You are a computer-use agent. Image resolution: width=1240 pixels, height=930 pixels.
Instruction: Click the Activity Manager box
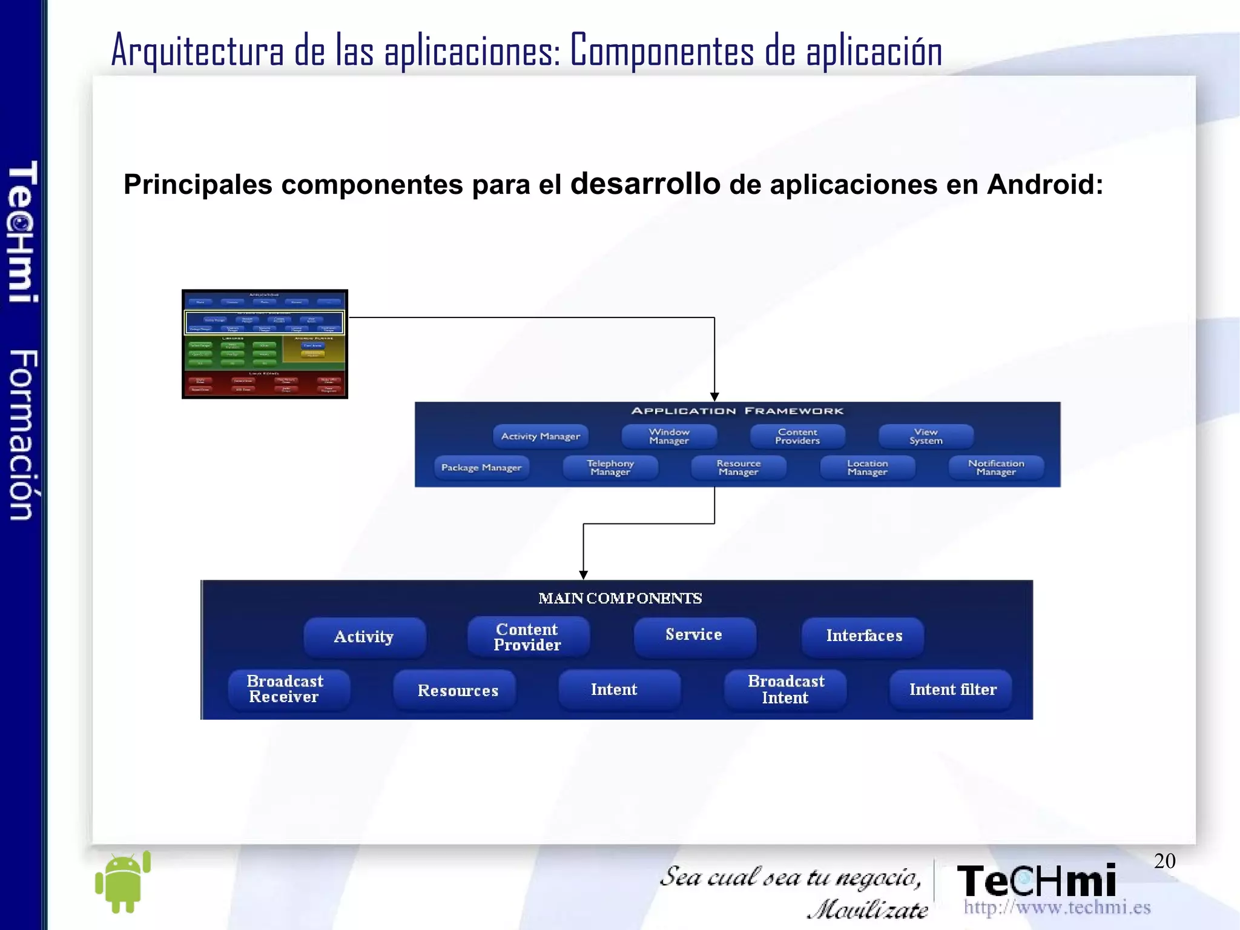coord(540,436)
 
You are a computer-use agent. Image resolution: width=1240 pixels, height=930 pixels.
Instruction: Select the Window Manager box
coord(669,436)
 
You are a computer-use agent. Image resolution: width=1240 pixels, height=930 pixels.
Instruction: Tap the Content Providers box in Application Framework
coord(797,436)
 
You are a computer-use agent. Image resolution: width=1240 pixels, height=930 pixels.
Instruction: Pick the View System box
coord(926,436)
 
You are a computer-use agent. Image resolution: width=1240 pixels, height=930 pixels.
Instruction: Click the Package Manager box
coord(481,468)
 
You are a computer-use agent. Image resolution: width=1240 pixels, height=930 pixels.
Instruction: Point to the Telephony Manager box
coord(610,468)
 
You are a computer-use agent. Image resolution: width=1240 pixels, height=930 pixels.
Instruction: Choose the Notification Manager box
coord(996,468)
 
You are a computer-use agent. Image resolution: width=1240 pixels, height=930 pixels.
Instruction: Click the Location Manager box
coord(867,468)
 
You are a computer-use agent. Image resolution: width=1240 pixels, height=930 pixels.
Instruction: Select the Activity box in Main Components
coord(364,637)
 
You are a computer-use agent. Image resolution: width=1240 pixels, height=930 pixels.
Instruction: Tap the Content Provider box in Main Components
coord(528,637)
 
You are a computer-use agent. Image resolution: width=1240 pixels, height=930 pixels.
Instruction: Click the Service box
coord(694,636)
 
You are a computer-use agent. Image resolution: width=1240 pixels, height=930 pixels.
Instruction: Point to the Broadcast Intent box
coord(785,689)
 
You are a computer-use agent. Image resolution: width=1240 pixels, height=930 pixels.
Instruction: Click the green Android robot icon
coord(124,882)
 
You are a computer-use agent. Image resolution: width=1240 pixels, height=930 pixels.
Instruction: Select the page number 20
coord(1164,861)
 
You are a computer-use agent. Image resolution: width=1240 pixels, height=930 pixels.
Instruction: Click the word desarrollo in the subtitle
coord(645,183)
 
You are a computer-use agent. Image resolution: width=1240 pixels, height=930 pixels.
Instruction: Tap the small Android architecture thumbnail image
coord(265,344)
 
